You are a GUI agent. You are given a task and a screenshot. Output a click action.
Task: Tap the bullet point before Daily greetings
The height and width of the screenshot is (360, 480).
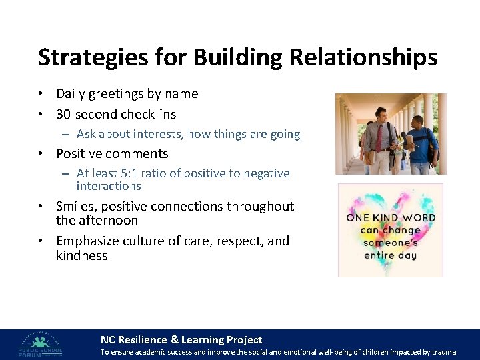coord(41,95)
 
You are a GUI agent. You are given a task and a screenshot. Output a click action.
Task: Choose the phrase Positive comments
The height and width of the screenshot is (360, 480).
coord(112,153)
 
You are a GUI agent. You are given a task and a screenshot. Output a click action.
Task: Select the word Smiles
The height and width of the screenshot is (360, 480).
coord(77,206)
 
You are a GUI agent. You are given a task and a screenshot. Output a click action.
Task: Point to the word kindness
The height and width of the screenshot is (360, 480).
coord(81,255)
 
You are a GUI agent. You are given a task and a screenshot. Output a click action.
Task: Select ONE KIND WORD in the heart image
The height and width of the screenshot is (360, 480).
coord(391,218)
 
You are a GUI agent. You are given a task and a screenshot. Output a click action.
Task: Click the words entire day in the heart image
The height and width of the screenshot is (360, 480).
coord(391,255)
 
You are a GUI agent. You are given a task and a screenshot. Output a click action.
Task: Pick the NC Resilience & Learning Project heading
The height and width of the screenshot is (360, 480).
coord(181,340)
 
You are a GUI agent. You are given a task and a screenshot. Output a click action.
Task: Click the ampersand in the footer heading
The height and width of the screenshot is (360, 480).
coord(175,340)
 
